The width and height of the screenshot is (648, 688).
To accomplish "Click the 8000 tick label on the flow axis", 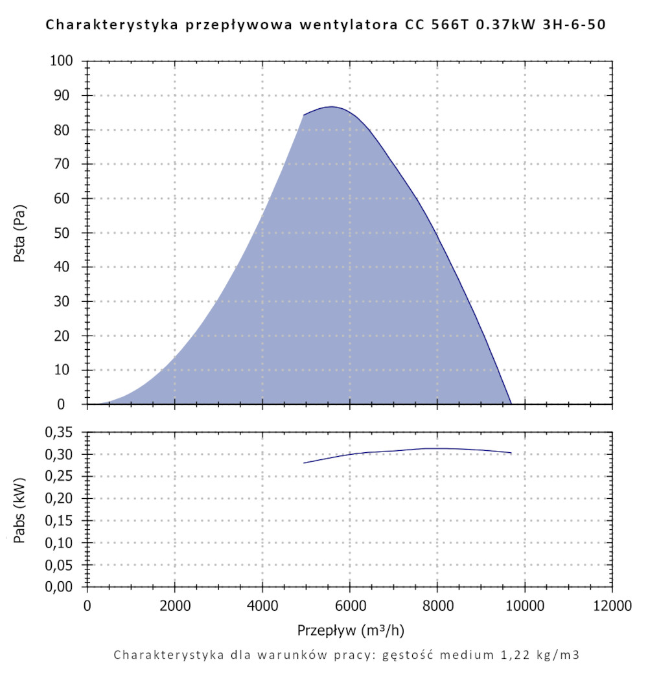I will [437, 606].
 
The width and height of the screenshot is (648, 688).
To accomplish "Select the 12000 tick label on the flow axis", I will [612, 606].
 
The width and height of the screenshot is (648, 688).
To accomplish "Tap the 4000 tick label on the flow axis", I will [262, 606].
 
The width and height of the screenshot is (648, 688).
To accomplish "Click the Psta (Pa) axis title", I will [19, 233].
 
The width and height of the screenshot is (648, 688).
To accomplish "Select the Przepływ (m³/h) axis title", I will [351, 630].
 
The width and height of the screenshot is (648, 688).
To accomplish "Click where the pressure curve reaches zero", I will [511, 404].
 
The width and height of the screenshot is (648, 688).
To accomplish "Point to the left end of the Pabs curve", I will [303, 463].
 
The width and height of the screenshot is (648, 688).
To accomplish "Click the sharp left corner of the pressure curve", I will [303, 115].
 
